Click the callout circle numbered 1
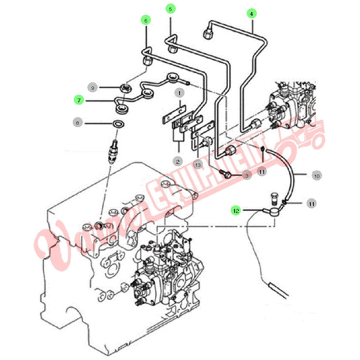pyautogui.click(x=178, y=93)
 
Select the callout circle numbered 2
pyautogui.click(x=178, y=161)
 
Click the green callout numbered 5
pyautogui.click(x=171, y=8)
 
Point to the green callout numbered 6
pyautogui.click(x=145, y=20)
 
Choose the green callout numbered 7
pyautogui.click(x=79, y=100)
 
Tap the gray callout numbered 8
pyautogui.click(x=78, y=123)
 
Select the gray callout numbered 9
pyautogui.click(x=92, y=87)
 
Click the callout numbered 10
pyautogui.click(x=317, y=176)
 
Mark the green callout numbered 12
pyautogui.click(x=236, y=210)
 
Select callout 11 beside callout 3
pyautogui.click(x=261, y=172)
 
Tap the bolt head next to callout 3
pyautogui.click(x=226, y=174)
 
